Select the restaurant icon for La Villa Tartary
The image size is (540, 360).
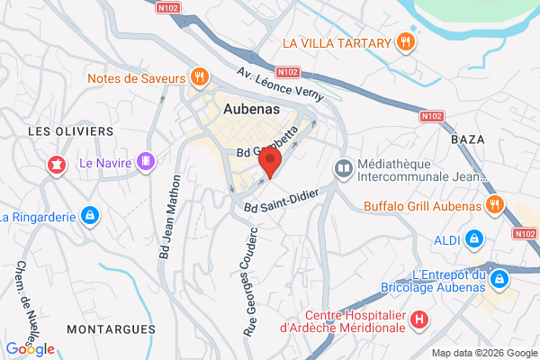pyautogui.click(x=407, y=42)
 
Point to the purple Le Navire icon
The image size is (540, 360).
pyautogui.click(x=147, y=163)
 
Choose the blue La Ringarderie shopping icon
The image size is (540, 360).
pyautogui.click(x=89, y=216)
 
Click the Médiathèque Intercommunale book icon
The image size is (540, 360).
pyautogui.click(x=343, y=167)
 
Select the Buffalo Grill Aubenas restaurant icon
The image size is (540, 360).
pyautogui.click(x=493, y=205)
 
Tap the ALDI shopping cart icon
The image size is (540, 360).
pyautogui.click(x=474, y=239)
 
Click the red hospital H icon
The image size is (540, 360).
pyautogui.click(x=418, y=319)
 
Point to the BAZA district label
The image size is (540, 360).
pyautogui.click(x=466, y=139)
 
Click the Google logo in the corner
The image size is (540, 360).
pyautogui.click(x=30, y=348)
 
